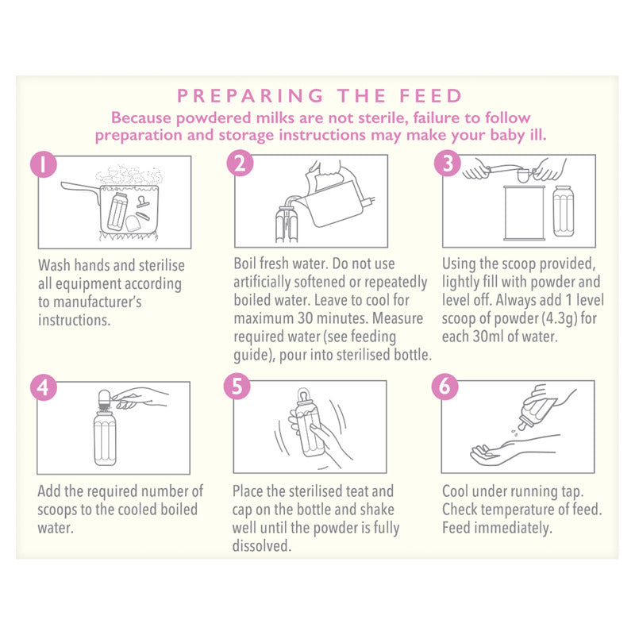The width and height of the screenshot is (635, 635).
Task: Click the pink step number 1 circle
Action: [x=44, y=164]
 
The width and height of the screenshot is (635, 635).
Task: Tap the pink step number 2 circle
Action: [x=241, y=164]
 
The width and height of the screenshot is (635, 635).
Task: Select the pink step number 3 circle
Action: [x=448, y=164]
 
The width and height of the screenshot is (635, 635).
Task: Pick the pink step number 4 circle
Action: [x=44, y=388]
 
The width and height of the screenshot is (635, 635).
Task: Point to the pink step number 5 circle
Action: [x=237, y=387]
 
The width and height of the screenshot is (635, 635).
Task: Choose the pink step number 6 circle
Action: [x=444, y=387]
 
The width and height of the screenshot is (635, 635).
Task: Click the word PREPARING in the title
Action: [x=250, y=96]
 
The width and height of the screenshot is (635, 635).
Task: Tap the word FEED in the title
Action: [x=431, y=96]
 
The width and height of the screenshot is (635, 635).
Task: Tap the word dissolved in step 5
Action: [x=262, y=546]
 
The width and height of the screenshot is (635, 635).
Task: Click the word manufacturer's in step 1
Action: [x=98, y=302]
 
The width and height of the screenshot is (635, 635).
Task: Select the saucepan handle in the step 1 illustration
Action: [x=80, y=189]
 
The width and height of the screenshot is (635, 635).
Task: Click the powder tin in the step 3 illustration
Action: [x=524, y=213]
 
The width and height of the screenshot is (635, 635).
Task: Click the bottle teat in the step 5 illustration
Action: [x=303, y=395]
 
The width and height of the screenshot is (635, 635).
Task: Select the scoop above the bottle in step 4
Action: [x=105, y=399]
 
